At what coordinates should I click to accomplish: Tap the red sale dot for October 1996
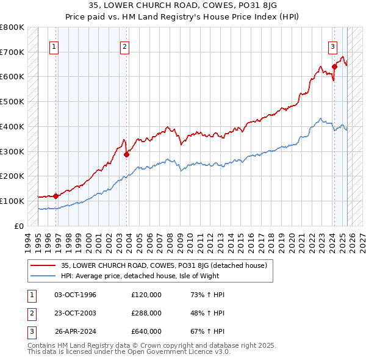56,196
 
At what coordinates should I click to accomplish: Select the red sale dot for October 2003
127,154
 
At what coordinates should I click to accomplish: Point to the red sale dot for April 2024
334,67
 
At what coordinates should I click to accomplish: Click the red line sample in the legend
43,265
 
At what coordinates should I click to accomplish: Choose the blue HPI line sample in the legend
43,276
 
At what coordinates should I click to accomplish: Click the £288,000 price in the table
146,313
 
